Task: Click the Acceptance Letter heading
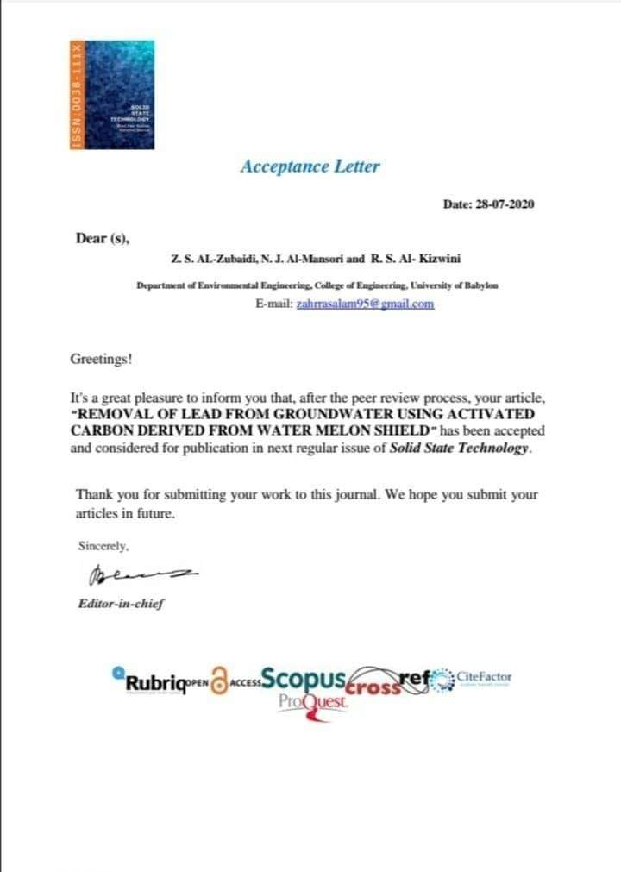pos(310,166)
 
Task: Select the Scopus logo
pos(304,680)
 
